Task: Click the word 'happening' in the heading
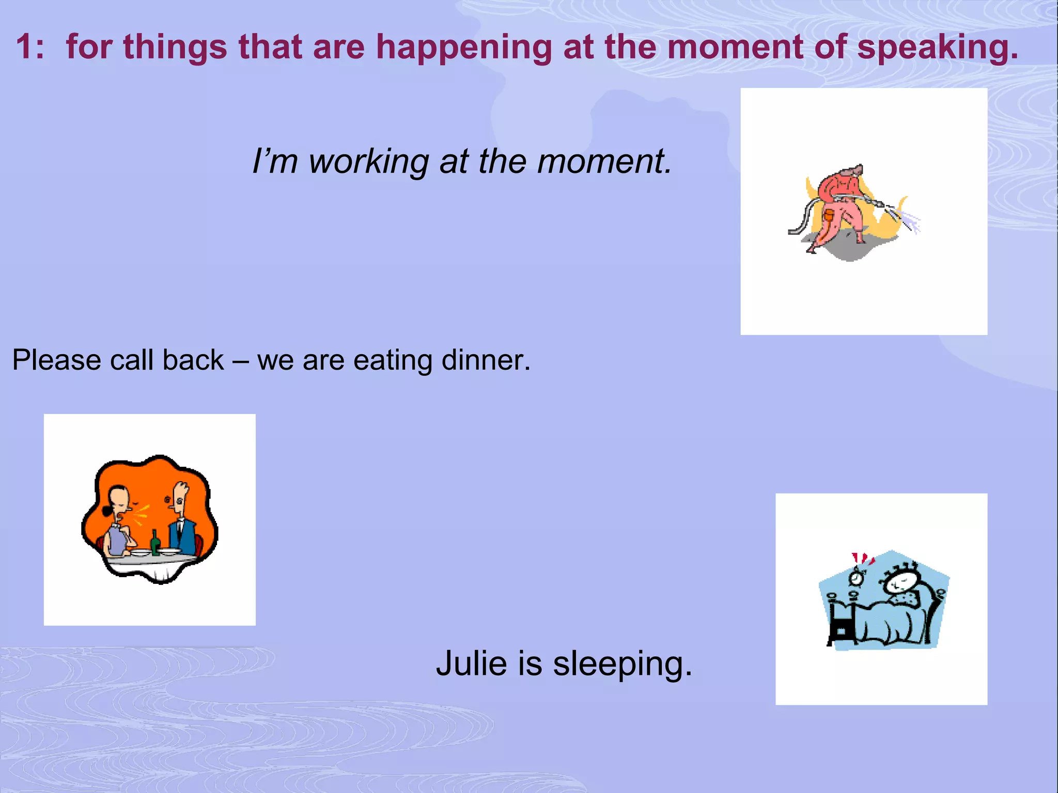click(464, 47)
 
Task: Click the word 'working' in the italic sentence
click(368, 162)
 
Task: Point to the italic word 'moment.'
click(604, 162)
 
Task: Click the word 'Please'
click(56, 360)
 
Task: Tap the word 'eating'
click(393, 360)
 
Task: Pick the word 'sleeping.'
click(623, 664)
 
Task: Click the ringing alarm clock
click(858, 576)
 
